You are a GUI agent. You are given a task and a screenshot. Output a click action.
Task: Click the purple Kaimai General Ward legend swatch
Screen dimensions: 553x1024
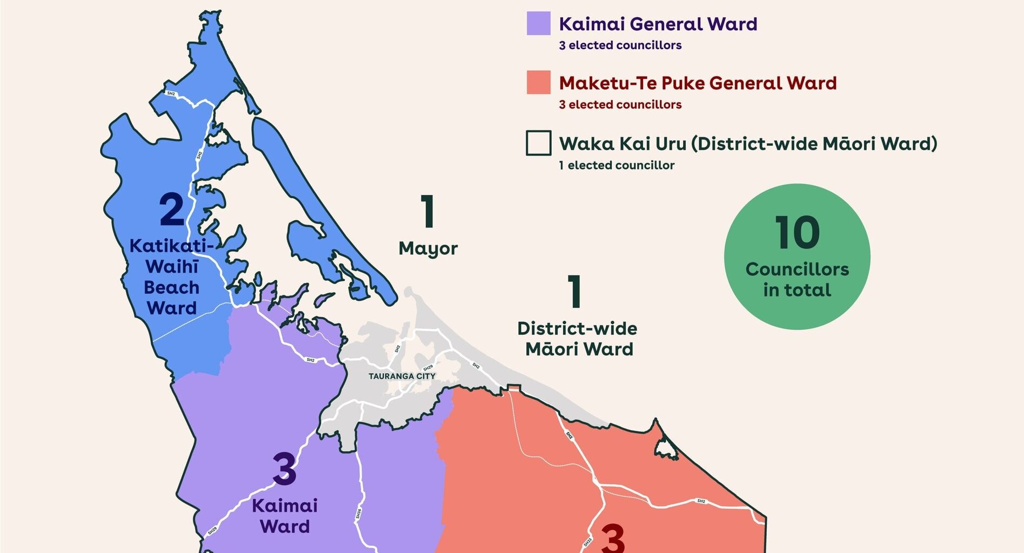(538, 24)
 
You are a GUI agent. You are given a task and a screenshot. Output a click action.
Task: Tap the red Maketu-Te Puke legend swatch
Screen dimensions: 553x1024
(538, 83)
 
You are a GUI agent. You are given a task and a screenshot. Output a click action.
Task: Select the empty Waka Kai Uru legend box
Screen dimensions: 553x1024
(538, 143)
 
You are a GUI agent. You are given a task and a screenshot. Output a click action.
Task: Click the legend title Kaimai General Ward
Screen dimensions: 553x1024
(658, 24)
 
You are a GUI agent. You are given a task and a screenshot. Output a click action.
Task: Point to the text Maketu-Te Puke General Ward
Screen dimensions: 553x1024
(698, 83)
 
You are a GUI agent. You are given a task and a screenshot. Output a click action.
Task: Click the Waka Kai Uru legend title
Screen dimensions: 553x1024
(748, 144)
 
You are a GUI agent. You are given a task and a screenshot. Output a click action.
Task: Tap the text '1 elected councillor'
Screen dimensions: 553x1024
(617, 165)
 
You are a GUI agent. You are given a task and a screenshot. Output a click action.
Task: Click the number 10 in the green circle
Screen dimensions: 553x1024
(797, 233)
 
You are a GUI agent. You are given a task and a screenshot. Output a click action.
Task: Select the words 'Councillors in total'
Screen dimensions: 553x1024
(797, 279)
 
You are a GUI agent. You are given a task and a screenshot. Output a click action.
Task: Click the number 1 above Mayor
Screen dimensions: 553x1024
(427, 212)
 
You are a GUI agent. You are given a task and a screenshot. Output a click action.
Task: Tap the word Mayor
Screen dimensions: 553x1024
(428, 248)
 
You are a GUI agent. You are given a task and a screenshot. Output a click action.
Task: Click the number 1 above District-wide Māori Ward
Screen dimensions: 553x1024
(574, 292)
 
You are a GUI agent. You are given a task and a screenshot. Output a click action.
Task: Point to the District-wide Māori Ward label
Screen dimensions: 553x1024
(578, 339)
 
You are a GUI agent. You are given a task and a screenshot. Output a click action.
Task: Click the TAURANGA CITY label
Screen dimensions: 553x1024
(401, 376)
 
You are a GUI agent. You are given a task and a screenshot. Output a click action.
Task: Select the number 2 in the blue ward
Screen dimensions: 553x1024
(172, 210)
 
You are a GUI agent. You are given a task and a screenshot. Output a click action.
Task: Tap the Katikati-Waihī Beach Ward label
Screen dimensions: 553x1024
(172, 276)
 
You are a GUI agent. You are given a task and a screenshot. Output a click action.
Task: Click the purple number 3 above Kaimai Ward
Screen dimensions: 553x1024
(284, 469)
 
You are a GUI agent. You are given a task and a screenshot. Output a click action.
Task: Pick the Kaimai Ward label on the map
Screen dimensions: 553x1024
(284, 516)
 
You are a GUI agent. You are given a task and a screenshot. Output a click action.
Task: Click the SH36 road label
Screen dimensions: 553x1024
(358, 514)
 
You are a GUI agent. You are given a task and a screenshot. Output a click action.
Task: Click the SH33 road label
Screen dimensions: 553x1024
(587, 542)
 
